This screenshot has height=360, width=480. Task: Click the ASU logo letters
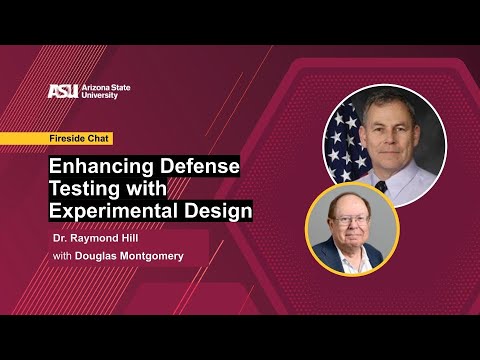tap(63, 91)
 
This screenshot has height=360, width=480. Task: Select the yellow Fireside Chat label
tap(81, 138)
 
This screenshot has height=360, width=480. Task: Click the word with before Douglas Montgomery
tap(62, 258)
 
